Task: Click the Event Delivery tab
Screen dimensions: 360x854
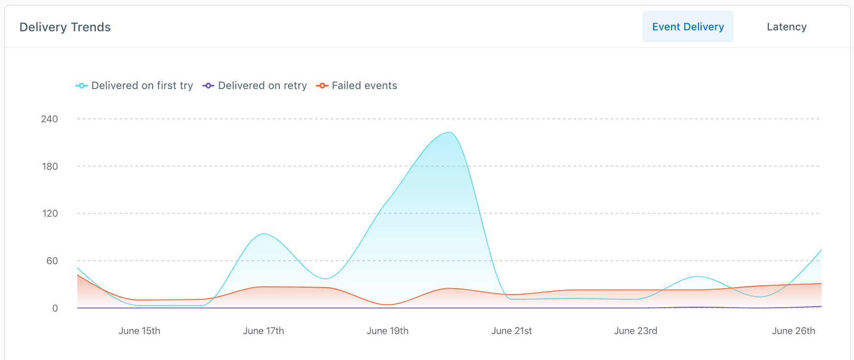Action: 688,27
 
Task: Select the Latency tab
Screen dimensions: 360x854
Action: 787,27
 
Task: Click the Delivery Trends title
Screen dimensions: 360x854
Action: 65,27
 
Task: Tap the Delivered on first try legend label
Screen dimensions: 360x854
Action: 142,86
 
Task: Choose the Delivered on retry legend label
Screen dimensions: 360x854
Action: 262,86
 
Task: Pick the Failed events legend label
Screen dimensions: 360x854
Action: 364,86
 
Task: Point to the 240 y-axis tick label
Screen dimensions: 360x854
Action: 49,119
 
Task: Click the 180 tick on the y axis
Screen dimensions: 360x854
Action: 50,166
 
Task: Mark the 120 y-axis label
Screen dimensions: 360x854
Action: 50,213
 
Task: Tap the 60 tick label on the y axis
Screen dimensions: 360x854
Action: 52,261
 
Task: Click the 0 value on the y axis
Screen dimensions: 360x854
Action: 55,308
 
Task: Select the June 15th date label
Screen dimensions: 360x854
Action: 139,331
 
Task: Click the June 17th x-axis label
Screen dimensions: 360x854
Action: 263,331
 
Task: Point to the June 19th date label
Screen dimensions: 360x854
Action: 387,331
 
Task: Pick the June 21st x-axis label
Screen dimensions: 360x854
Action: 511,331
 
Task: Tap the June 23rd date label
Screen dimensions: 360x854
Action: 635,331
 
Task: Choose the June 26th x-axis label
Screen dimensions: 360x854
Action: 793,331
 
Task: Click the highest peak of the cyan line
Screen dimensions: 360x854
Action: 449,133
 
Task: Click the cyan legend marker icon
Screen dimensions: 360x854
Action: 81,86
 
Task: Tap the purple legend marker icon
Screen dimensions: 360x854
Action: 208,86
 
